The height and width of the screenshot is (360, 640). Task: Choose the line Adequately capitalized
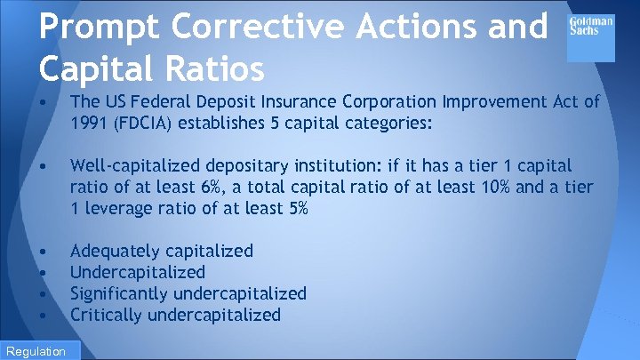161,251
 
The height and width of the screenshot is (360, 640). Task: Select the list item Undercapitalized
137,272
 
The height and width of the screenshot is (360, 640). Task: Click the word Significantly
121,293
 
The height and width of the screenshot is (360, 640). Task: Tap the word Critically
107,315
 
